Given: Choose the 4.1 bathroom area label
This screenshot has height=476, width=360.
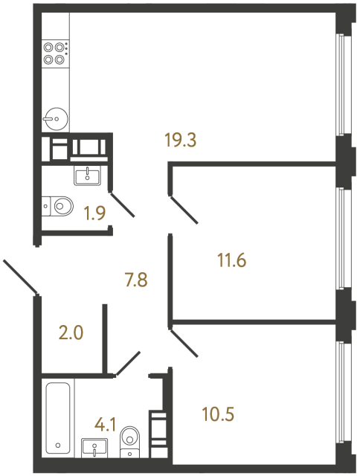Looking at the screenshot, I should [x=104, y=426].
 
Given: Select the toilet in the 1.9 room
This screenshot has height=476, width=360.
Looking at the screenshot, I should [x=58, y=204].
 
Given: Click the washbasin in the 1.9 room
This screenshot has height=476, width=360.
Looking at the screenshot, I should [x=88, y=176].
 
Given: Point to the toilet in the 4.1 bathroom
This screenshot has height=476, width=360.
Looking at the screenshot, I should [x=131, y=440].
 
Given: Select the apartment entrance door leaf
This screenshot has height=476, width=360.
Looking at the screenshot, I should [x=20, y=277].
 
